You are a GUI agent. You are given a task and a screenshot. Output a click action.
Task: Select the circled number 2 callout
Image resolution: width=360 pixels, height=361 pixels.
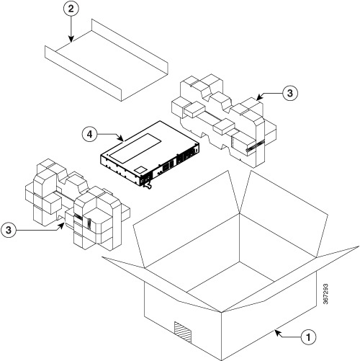[x=71, y=10]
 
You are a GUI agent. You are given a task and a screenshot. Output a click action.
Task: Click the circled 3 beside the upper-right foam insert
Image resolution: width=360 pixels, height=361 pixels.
[x=289, y=94]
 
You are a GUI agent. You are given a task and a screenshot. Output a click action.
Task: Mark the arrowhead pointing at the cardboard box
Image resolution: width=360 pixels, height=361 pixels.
[x=276, y=332]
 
